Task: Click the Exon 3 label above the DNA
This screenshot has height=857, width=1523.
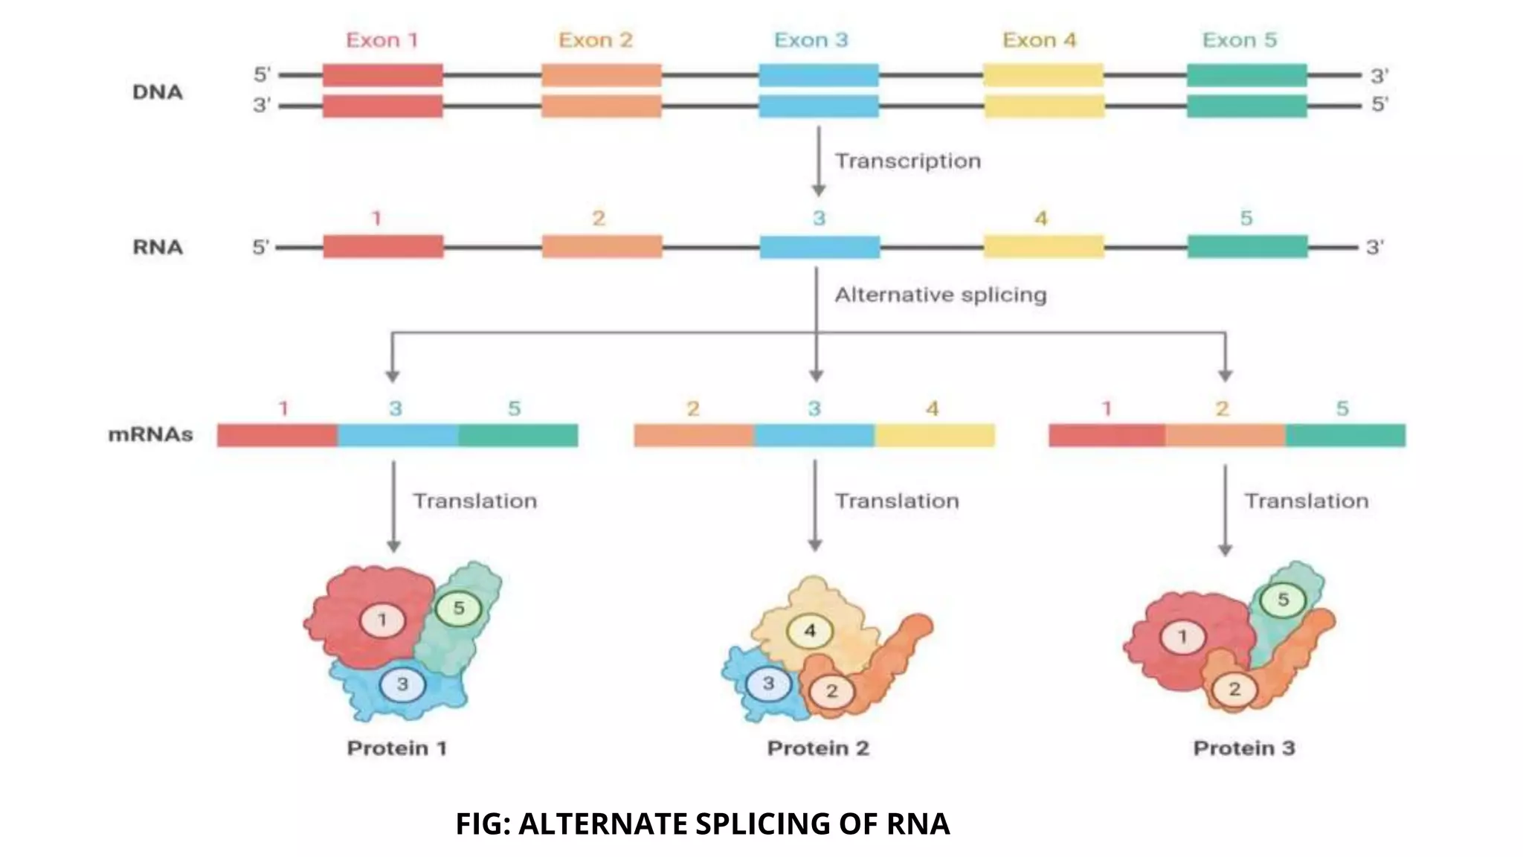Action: [x=811, y=40]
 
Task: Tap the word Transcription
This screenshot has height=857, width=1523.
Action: [x=907, y=161]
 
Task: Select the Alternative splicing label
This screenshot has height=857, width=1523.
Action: [x=940, y=295]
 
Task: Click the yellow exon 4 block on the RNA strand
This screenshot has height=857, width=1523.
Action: [x=1043, y=246]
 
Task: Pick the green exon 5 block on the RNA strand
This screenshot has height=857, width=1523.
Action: [x=1247, y=246]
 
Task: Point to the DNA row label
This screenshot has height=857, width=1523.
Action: [x=157, y=92]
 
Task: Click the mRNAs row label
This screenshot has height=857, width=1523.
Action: [x=150, y=434]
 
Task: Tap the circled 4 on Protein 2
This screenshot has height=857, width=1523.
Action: [x=810, y=632]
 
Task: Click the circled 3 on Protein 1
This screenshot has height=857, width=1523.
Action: [x=402, y=684]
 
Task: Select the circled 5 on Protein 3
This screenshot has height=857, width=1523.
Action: [x=1283, y=600]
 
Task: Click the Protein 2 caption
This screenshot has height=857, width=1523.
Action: [x=818, y=748]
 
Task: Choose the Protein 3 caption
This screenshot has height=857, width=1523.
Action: [x=1243, y=748]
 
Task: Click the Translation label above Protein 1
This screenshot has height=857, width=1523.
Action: [x=474, y=501]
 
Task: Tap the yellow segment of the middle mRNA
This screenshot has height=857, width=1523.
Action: [x=934, y=435]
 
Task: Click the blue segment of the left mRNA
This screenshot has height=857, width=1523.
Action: [x=397, y=435]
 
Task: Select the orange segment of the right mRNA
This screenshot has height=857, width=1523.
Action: [x=1225, y=435]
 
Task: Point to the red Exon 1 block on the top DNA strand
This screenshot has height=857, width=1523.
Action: [x=382, y=75]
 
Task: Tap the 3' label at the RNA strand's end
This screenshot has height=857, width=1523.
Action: [x=1374, y=247]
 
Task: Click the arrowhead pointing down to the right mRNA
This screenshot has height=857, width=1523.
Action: [x=1225, y=376]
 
